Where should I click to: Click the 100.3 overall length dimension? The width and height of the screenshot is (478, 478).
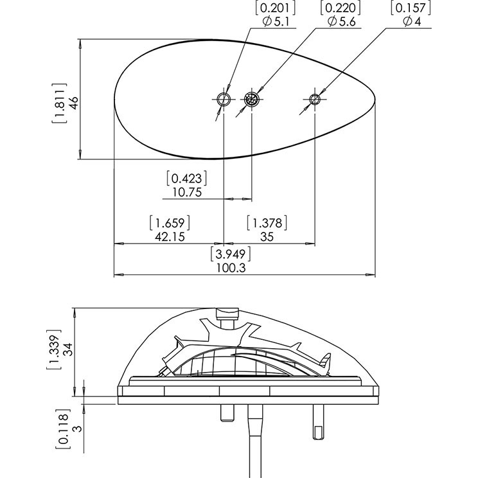(x=233, y=269)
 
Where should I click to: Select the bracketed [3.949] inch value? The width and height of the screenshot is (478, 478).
(x=231, y=254)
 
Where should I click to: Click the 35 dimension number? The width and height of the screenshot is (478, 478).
(x=267, y=237)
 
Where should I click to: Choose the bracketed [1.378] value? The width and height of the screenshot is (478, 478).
(x=267, y=223)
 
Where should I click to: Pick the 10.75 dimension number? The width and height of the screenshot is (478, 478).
(x=187, y=191)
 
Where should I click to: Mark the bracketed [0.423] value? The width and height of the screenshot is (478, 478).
(x=187, y=177)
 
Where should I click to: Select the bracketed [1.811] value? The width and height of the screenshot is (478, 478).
(x=59, y=103)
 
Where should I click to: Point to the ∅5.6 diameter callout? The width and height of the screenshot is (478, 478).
(x=341, y=21)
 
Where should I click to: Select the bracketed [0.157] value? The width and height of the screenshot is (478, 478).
(x=409, y=8)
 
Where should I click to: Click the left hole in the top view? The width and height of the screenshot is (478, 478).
(x=224, y=99)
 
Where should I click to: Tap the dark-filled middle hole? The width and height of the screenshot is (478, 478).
(x=251, y=99)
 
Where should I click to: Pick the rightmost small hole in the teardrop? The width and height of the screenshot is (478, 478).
(x=314, y=99)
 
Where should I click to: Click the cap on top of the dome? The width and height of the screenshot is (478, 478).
(x=228, y=314)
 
